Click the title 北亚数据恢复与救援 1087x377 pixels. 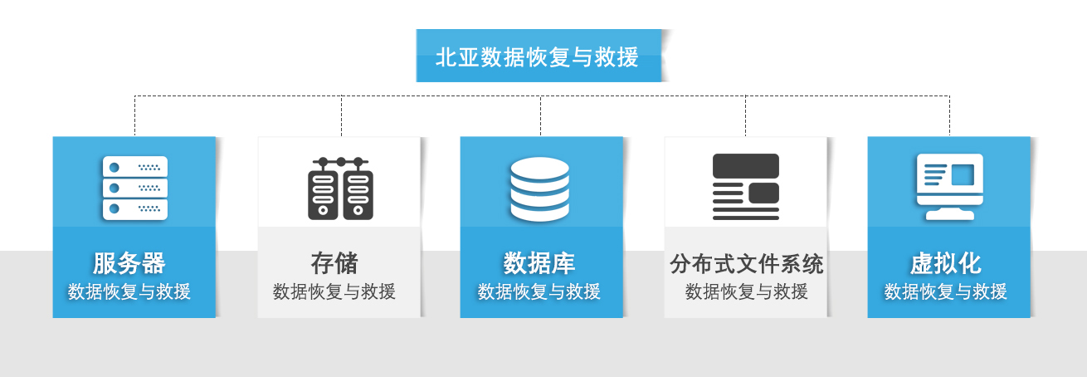(538, 56)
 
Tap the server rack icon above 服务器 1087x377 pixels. (134, 188)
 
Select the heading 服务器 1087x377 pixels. (129, 263)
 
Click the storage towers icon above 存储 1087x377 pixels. (340, 188)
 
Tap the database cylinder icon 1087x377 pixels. (539, 189)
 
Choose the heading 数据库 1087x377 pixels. (539, 263)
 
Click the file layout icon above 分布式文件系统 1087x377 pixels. (745, 187)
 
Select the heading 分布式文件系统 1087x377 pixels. (747, 264)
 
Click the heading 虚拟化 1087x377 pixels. (946, 263)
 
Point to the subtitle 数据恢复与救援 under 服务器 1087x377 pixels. (129, 291)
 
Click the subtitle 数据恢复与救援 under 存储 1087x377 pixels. (334, 291)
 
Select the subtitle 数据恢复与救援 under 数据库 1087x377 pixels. (539, 291)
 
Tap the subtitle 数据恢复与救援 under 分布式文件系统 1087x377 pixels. (747, 291)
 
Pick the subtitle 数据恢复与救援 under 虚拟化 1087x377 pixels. (946, 291)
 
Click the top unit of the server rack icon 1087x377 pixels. (134, 166)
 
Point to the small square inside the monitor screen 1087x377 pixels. (963, 174)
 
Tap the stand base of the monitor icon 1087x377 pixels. (949, 215)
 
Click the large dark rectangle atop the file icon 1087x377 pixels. (745, 165)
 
